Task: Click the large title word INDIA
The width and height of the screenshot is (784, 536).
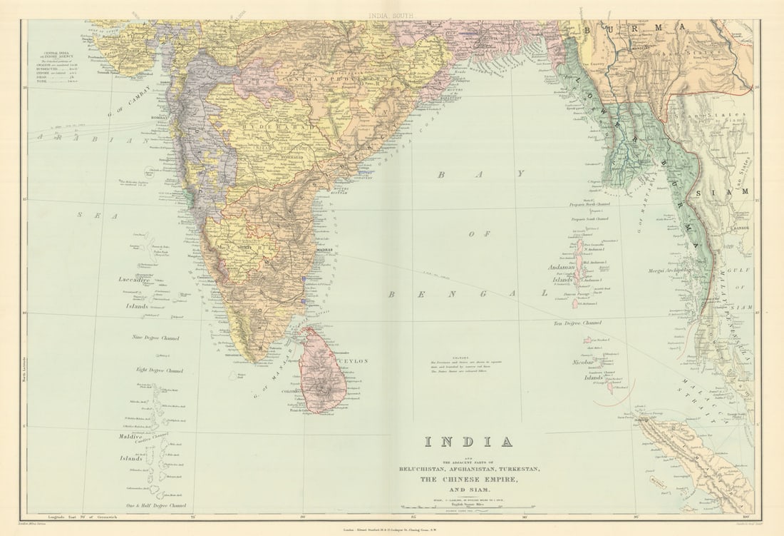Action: (468, 442)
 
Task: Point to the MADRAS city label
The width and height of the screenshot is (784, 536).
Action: (324, 251)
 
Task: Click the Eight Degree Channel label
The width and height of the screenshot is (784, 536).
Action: (160, 370)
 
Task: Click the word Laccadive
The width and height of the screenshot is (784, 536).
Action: (135, 280)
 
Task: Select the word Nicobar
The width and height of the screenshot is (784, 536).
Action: (584, 363)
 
